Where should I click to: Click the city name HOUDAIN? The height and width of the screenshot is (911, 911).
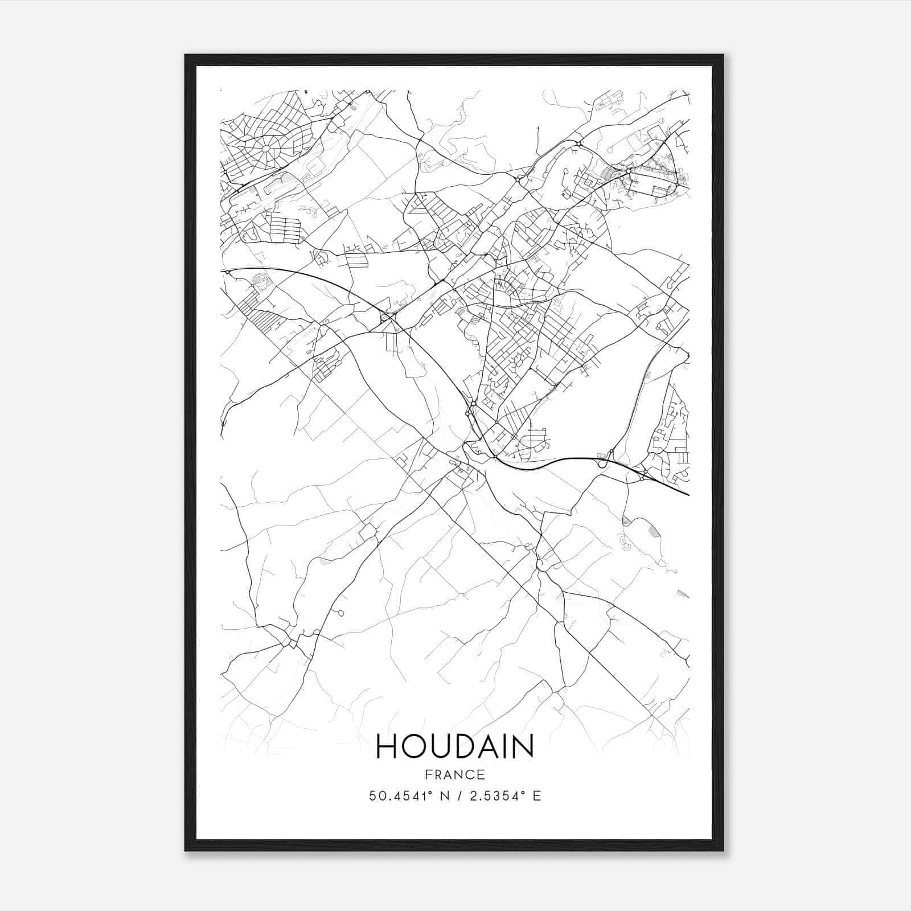point(455,746)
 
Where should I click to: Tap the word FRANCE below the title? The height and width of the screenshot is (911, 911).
point(455,774)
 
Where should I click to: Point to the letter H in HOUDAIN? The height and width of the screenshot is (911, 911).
point(387,746)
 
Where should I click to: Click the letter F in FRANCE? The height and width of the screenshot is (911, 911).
point(427,774)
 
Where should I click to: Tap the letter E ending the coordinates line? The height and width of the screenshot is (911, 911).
point(537,796)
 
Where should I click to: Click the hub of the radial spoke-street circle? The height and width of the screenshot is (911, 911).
point(265,147)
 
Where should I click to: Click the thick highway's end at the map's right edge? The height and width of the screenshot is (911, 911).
point(688,495)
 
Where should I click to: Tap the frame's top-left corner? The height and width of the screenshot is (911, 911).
point(186,55)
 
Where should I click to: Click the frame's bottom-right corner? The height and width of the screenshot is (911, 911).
point(723,851)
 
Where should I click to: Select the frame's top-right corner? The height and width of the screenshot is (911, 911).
point(723,55)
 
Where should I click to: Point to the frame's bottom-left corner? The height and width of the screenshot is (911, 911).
point(186,851)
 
